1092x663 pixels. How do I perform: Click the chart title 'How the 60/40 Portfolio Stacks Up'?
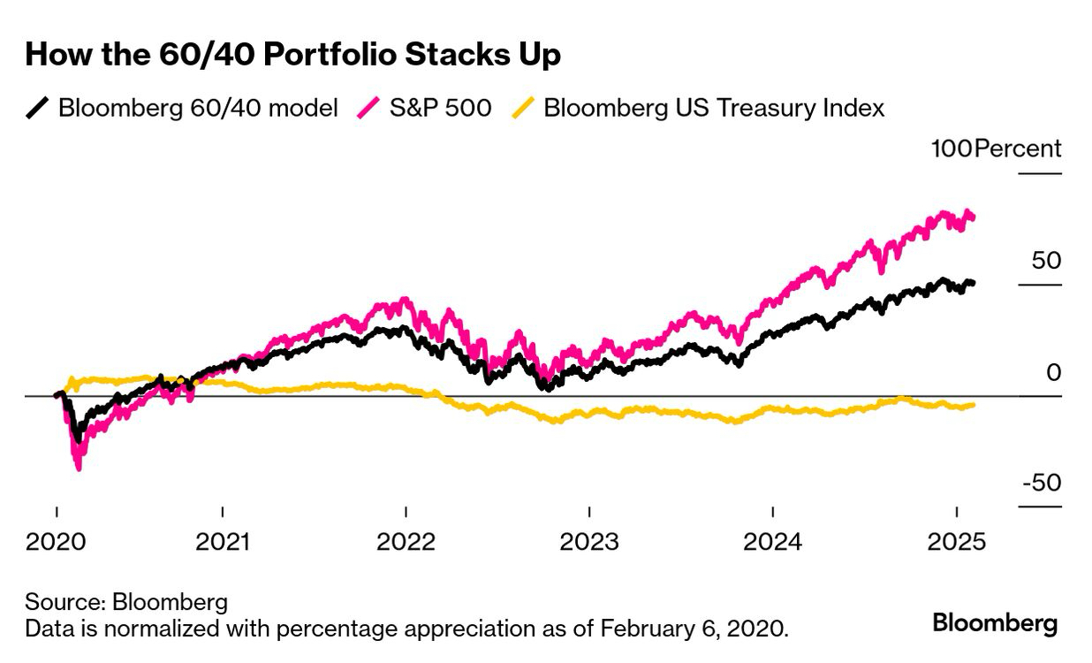292,55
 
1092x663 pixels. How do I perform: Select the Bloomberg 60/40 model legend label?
198,109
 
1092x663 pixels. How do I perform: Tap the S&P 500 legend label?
440,109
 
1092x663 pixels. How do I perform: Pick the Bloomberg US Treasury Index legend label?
714,109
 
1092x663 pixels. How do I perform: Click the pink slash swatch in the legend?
368,109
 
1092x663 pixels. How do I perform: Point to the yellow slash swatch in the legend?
524,109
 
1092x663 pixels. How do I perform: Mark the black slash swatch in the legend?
38,109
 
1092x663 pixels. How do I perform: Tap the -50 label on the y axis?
1040,484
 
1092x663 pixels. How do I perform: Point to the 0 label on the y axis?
1053,372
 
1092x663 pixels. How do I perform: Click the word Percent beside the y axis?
1018,149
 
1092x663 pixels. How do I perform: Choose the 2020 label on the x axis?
56,540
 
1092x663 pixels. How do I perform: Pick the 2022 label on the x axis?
406,540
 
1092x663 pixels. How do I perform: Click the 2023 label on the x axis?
589,540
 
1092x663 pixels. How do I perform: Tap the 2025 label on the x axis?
956,540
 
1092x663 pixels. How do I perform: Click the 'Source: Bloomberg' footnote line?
126,603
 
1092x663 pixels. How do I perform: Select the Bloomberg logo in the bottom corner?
995,623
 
